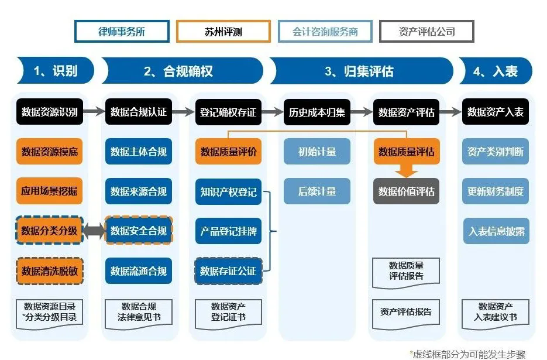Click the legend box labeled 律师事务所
122,32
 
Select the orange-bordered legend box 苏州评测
223,32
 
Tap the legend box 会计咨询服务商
325,32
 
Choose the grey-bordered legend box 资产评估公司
426,32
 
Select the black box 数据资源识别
50,112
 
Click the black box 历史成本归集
317,112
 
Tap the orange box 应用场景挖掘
50,191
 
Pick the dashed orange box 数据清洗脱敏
50,270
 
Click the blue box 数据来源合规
139,191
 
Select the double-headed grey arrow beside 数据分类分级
94,231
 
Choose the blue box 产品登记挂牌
228,231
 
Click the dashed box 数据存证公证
228,270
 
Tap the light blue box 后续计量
317,191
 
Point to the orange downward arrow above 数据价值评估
406,170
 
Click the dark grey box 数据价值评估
406,191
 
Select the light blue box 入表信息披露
496,231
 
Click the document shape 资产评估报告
406,312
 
